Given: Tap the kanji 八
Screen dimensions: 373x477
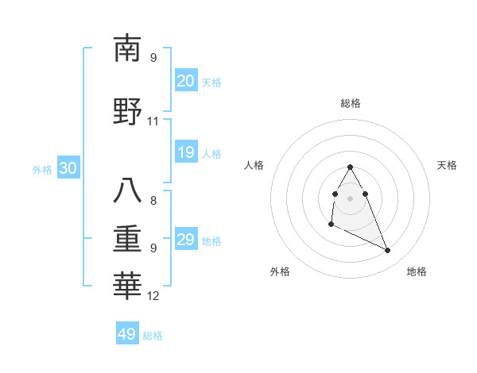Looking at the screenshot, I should point(128,190).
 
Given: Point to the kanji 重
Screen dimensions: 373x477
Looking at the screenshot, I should point(128,237).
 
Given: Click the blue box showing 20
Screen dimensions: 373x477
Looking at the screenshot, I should point(185,81).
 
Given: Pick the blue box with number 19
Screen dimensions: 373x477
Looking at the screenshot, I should point(185,152).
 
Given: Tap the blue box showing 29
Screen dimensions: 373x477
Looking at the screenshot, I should point(185,240).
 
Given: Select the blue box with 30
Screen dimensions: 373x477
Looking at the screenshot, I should point(68,169).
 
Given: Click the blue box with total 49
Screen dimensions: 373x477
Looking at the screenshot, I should point(127,334).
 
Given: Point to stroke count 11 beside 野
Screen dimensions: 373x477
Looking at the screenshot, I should point(153,121).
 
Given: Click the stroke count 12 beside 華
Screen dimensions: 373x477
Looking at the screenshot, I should point(153,296).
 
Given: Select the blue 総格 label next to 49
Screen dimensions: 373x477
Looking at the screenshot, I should point(153,336).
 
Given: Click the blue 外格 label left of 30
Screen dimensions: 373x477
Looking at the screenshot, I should point(42,170).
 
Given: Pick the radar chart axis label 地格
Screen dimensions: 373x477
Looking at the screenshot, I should point(417,272).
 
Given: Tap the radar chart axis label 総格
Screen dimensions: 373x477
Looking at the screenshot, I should point(351,103).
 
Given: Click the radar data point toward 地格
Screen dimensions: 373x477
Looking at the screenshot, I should point(388,251).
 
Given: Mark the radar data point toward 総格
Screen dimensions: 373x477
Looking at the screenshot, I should point(350,167).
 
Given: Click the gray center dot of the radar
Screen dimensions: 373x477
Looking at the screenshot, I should point(350,198).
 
